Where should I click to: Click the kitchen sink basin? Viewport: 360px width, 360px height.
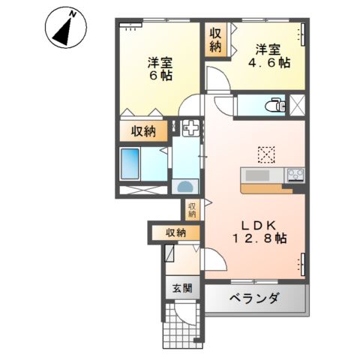point(259,176)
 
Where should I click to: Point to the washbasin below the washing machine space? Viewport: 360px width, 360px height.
point(184,186)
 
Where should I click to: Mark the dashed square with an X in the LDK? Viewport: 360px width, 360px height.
point(267,154)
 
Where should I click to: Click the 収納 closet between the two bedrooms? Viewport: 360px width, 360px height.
point(216,40)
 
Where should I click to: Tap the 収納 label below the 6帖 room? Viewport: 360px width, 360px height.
point(144,132)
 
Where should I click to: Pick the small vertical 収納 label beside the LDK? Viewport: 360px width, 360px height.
point(192,209)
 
